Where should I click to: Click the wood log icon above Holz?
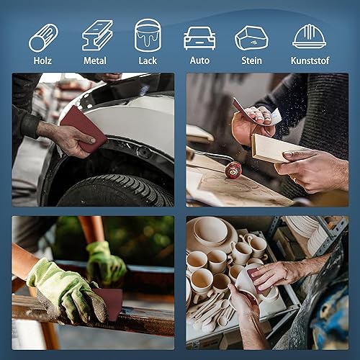click(x=43, y=37)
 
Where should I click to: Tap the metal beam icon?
click(x=97, y=35)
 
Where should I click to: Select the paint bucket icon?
click(x=148, y=35)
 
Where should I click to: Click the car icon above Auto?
click(x=199, y=38)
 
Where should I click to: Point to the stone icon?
click(x=251, y=38)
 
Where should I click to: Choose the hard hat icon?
click(x=310, y=36)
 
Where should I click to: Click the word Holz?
click(x=42, y=60)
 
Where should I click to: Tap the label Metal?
click(x=95, y=60)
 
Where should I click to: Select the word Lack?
click(x=148, y=60)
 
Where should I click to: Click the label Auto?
click(x=199, y=60)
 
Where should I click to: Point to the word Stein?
click(x=251, y=60)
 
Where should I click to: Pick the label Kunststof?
click(x=310, y=60)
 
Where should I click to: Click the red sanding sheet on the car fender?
click(x=83, y=128)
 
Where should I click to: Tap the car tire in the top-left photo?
click(x=115, y=190)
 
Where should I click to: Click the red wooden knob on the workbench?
click(x=233, y=170)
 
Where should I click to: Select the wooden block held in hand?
click(x=276, y=148)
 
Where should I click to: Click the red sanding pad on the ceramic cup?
click(x=256, y=279)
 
